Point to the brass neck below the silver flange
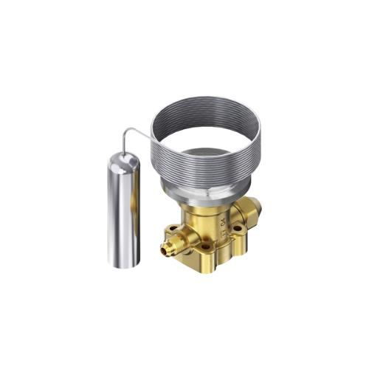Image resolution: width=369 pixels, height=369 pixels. [207, 221]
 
